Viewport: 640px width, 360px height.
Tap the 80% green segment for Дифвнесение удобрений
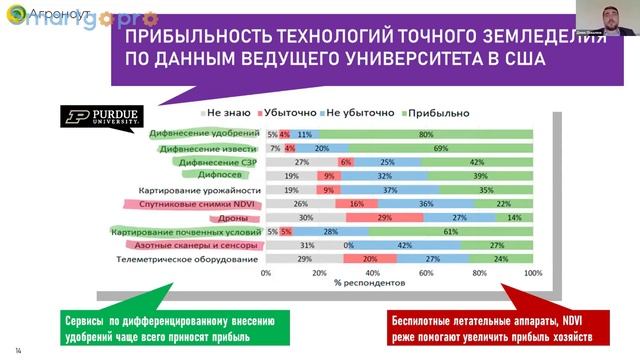tap(426, 133)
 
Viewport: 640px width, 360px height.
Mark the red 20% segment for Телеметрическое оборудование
tap(369, 259)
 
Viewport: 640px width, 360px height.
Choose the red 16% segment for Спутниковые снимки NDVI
tap(356, 203)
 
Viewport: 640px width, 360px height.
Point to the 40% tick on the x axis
tap(372, 272)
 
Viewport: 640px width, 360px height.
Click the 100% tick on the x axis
tap(532, 272)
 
